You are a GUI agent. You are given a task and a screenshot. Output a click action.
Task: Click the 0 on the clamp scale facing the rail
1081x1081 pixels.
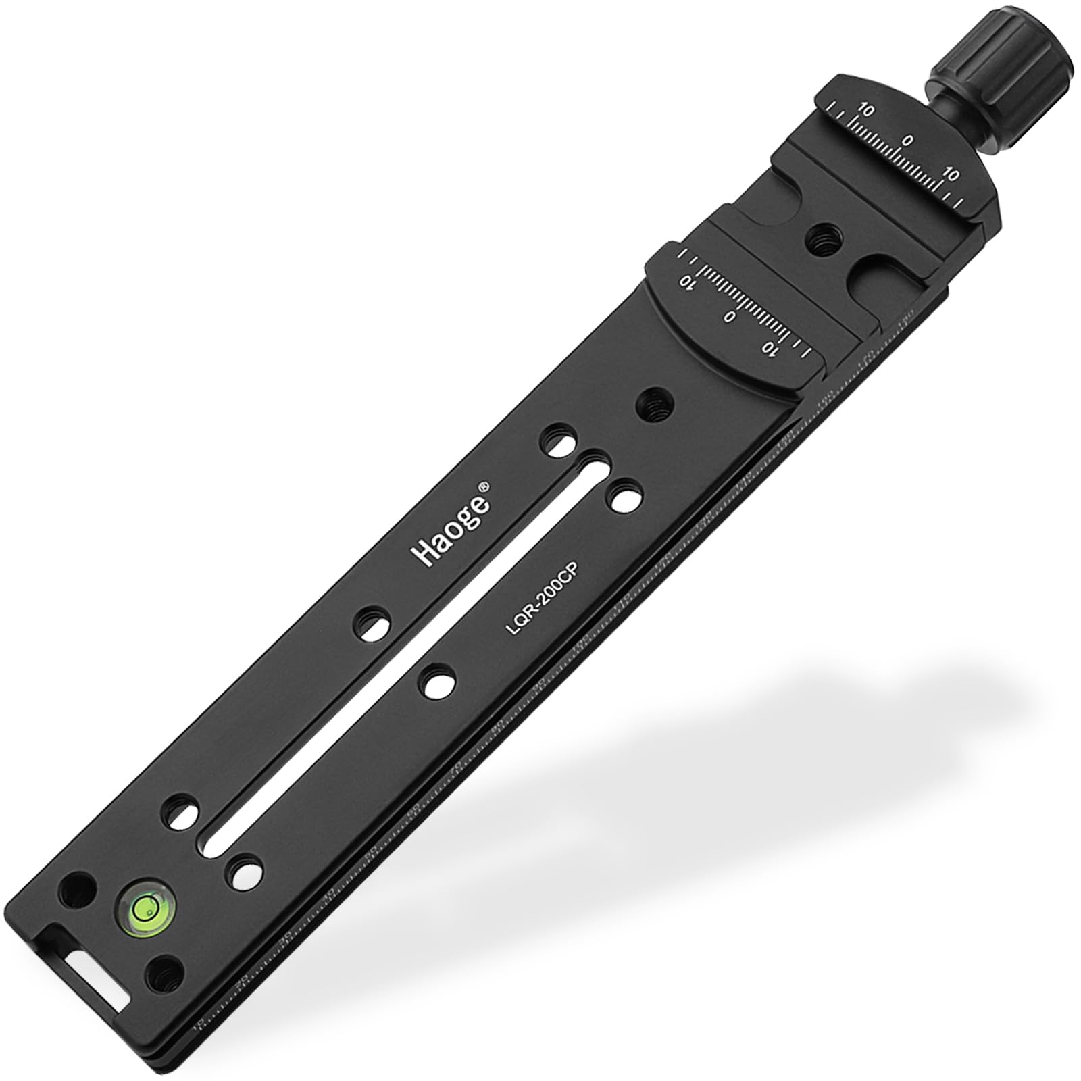click(x=728, y=316)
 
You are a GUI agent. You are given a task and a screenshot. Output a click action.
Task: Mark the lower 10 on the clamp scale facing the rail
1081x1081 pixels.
click(x=768, y=348)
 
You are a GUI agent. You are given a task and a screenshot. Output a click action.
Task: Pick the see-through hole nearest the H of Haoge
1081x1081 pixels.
click(x=370, y=626)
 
